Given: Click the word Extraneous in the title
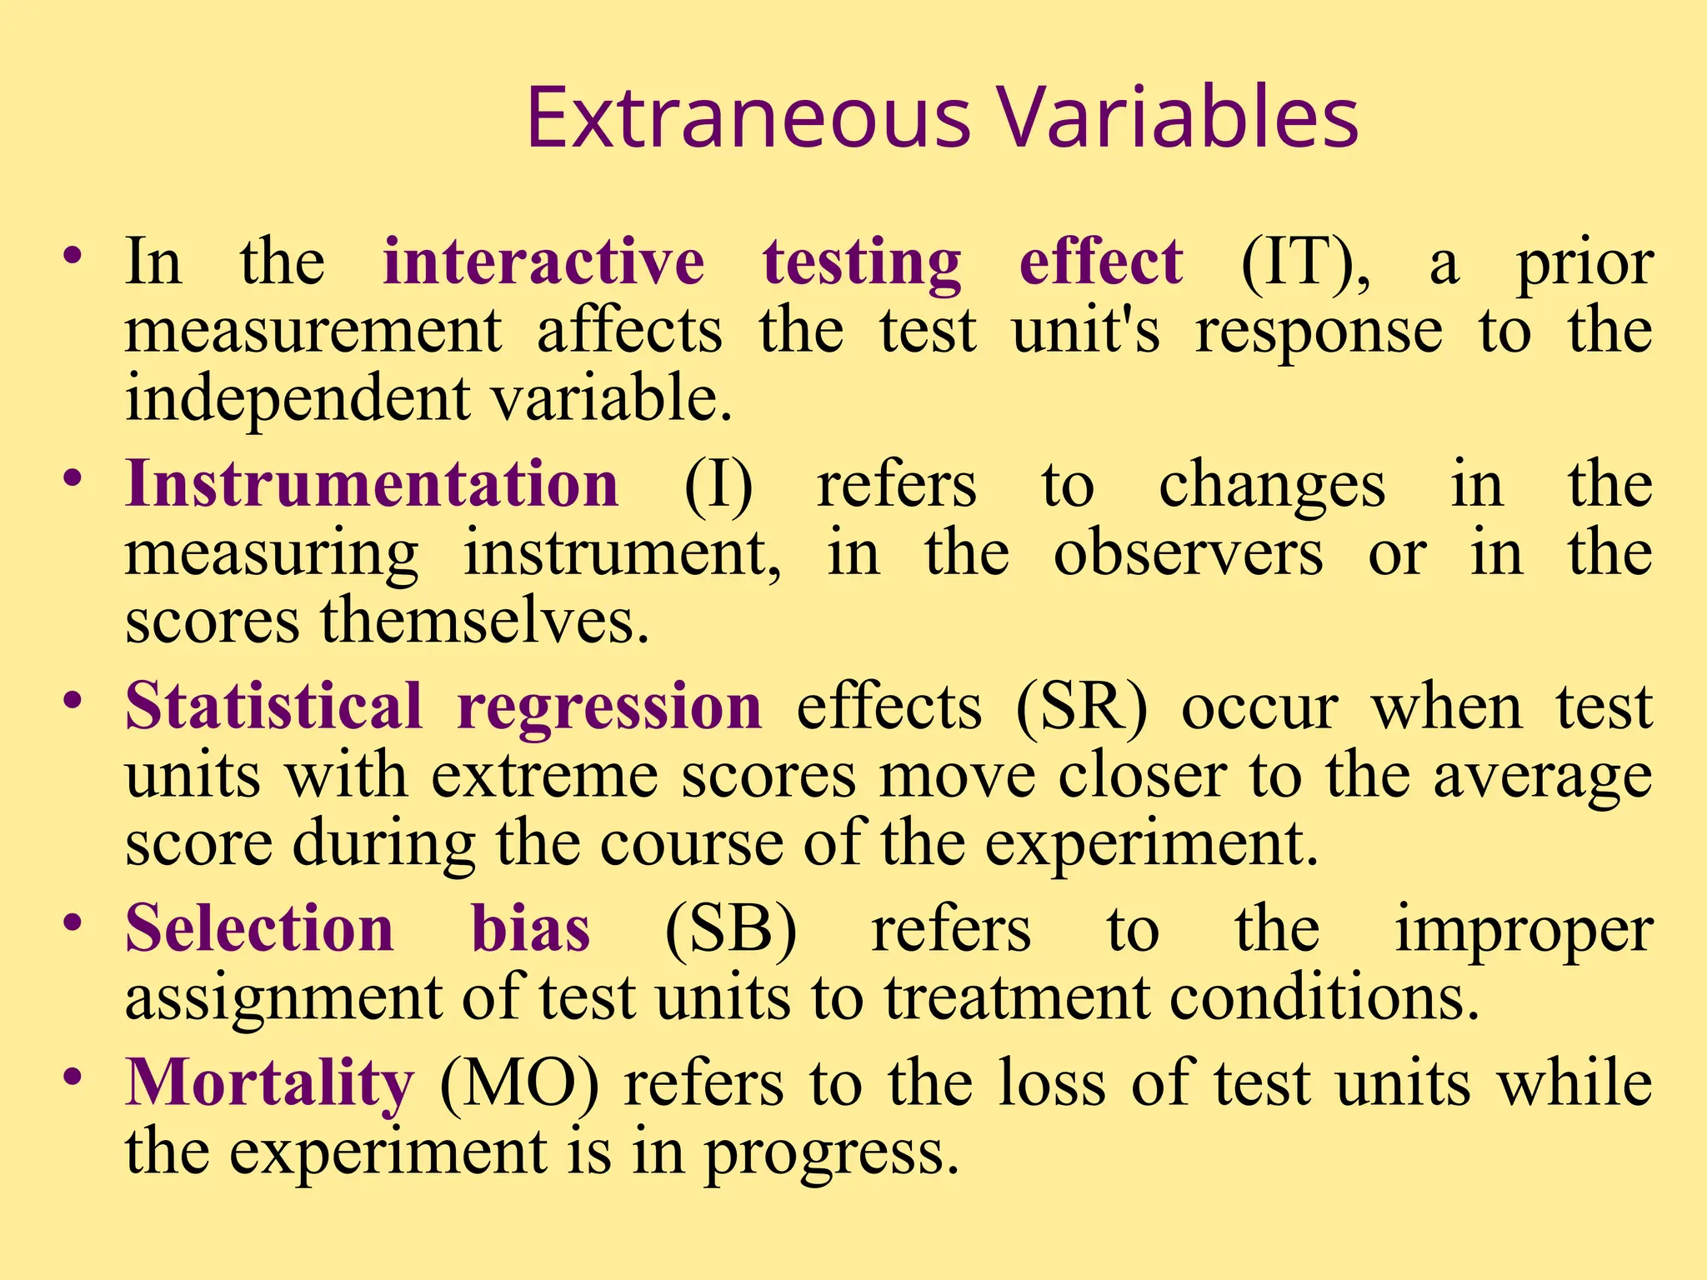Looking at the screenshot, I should pos(748,118).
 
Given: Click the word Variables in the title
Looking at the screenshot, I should pos(1178,118).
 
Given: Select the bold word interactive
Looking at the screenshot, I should pos(543,262).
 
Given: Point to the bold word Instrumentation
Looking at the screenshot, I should pos(372,484).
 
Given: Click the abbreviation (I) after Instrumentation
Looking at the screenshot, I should pos(718,486).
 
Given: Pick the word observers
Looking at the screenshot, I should pos(1188,554).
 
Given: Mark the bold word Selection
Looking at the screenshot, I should pos(259,928).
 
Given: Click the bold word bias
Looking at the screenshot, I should pos(531,928).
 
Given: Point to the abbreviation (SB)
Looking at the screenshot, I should pos(730,930).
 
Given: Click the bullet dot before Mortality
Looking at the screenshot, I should pos(73,1076).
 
